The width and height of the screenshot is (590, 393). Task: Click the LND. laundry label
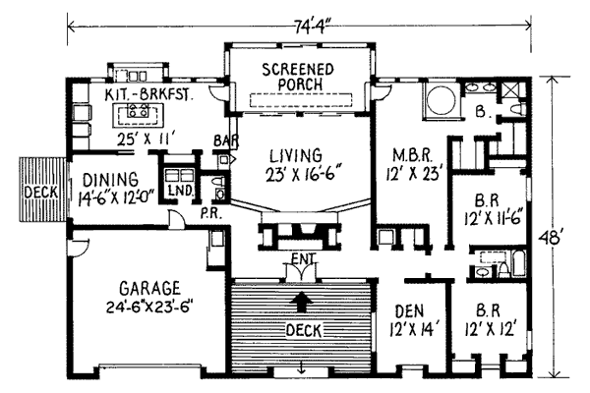(x=178, y=190)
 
